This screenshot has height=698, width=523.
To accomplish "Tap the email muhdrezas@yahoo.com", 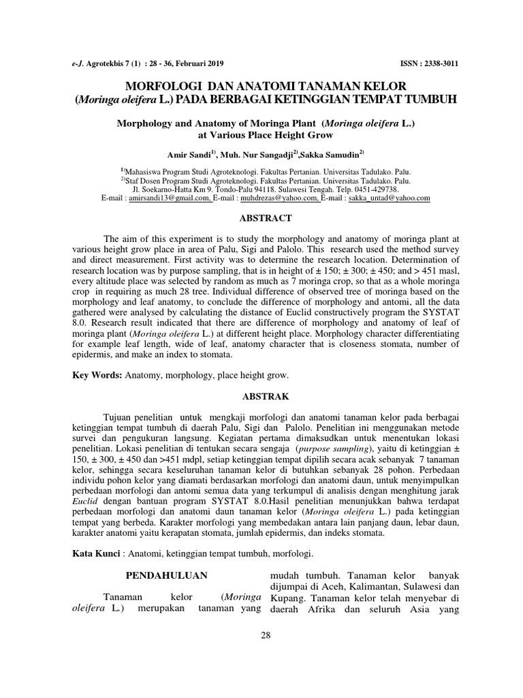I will point(289,198).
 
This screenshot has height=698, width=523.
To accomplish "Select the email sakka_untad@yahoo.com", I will point(390,198).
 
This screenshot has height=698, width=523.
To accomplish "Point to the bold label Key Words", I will point(97,376).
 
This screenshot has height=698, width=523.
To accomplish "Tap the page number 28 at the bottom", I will point(266,636).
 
